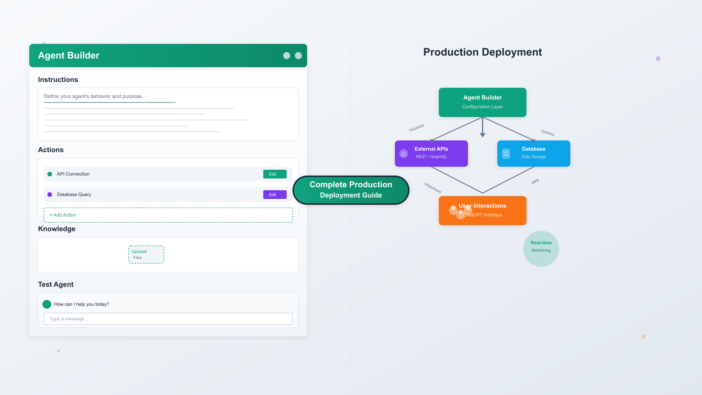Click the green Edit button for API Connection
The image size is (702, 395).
[x=275, y=174]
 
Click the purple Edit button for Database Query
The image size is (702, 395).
[x=275, y=195]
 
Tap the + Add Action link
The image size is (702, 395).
[x=63, y=215]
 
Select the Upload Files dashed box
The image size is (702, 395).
[x=146, y=255]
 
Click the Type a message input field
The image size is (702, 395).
[x=168, y=319]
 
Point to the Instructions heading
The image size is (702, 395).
[x=58, y=80]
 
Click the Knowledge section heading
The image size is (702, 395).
[x=57, y=229]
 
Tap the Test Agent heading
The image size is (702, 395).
[x=56, y=284]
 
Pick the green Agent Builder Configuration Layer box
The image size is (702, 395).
[x=482, y=102]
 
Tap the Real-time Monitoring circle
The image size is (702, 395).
[x=541, y=249]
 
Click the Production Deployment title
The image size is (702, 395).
[x=482, y=52]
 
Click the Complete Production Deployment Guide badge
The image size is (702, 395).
[x=351, y=190]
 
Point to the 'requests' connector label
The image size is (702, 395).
[x=416, y=128]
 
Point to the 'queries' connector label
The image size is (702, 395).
[x=548, y=133]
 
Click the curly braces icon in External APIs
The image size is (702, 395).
[x=404, y=154]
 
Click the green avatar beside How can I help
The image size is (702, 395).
[x=47, y=304]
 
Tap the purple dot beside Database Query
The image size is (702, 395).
[x=50, y=195]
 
